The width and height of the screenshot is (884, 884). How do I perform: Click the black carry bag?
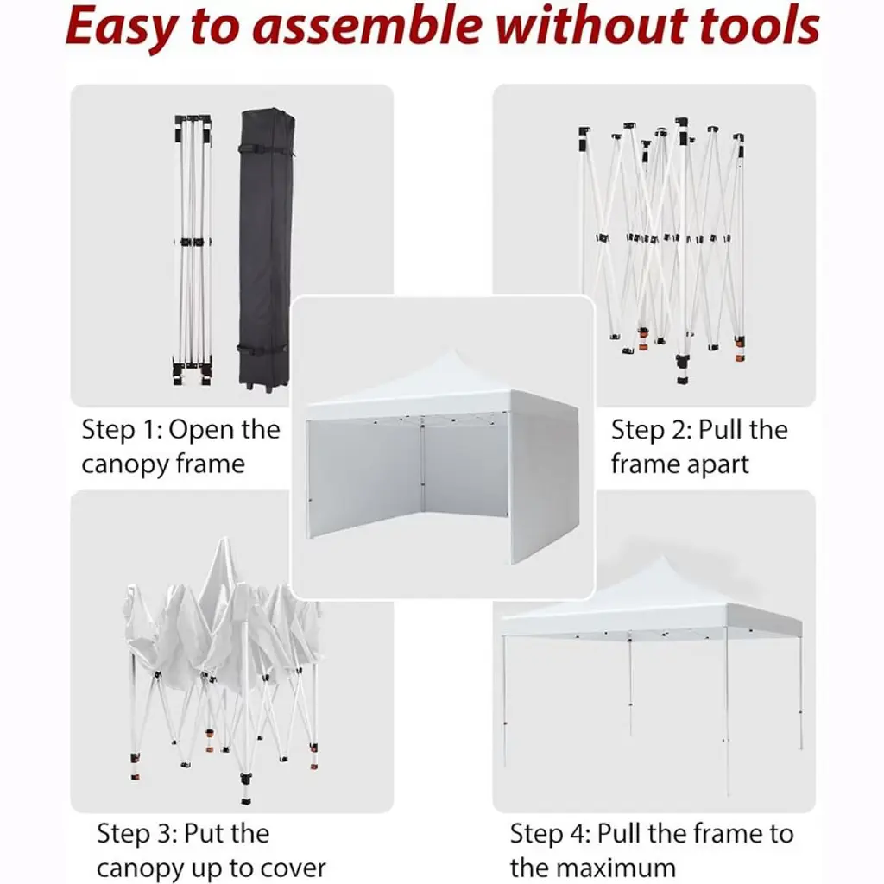pos(266,248)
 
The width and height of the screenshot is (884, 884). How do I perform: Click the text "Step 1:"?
pos(123,430)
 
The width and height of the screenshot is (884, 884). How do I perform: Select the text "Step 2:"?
pos(651,430)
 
